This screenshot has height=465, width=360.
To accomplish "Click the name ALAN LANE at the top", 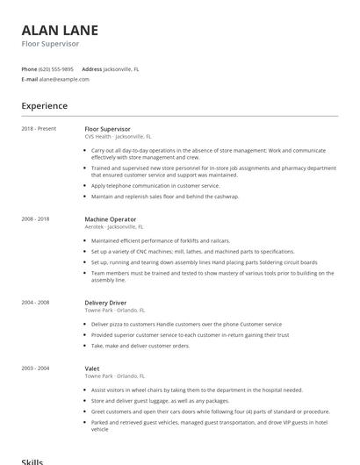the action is (x=60, y=30).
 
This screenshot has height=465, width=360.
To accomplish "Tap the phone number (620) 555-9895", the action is (x=57, y=68).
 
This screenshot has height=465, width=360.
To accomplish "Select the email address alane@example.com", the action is (x=64, y=79).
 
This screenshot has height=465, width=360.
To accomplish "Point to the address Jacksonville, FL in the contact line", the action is (x=121, y=68).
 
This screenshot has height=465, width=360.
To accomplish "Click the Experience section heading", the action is (x=44, y=106).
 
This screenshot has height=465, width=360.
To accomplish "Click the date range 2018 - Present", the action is (x=39, y=129).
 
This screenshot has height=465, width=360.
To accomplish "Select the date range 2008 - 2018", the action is (x=35, y=218).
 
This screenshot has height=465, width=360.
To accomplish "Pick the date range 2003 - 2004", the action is (x=35, y=368).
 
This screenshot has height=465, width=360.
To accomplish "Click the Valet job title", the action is (x=92, y=368).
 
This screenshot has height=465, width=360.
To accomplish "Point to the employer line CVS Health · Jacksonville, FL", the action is (x=118, y=137).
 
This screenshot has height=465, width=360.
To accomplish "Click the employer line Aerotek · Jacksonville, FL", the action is (x=117, y=226).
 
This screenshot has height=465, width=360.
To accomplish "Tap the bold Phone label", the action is (x=29, y=68).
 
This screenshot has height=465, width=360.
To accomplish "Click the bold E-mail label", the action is (x=30, y=79).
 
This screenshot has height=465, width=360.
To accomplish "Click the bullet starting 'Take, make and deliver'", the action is (x=140, y=347).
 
